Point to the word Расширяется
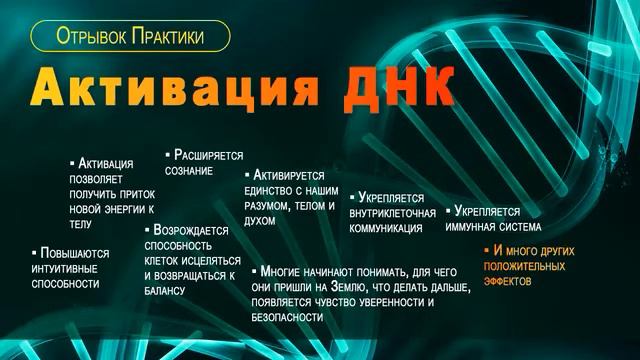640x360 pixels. (x=209, y=156)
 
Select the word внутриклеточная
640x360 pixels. (x=393, y=213)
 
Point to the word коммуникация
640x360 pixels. (x=386, y=228)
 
